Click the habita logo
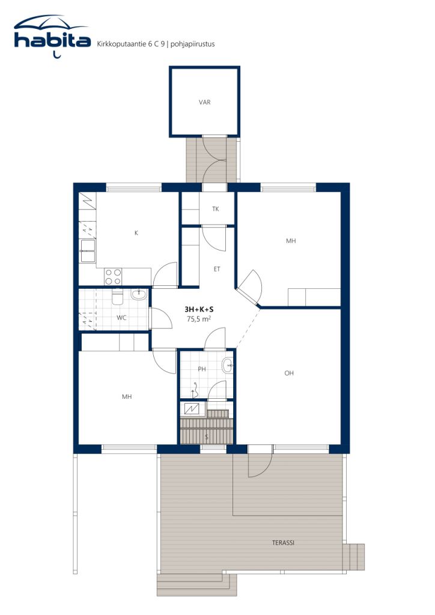52,37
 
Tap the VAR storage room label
204,102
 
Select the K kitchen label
136,233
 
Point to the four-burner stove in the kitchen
113,276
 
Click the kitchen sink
88,250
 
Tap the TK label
215,209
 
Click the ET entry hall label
216,269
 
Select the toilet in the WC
117,297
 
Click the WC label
121,318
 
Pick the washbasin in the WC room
138,294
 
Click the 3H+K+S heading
199,309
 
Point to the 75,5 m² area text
198,319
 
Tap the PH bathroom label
202,369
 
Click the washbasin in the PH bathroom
227,366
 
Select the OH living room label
288,373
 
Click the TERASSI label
283,543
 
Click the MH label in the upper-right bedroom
291,241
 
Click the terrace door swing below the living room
260,463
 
